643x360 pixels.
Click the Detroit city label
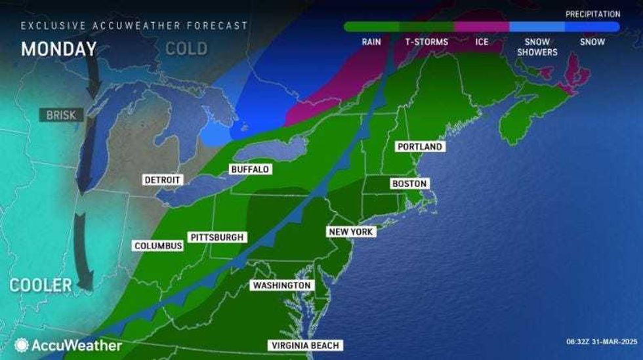click(163, 180)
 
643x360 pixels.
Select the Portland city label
click(421, 147)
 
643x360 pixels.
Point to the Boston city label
click(409, 184)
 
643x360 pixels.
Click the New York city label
click(351, 232)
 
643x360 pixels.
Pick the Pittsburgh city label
click(217, 237)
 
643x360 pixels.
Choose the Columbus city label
click(158, 246)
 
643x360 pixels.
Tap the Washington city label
click(281, 286)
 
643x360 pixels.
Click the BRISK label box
click(61, 115)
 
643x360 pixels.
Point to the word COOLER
click(41, 285)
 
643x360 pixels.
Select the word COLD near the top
click(186, 49)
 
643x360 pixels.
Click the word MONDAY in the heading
click(58, 49)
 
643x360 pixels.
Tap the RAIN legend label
click(371, 42)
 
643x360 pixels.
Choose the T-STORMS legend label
click(426, 42)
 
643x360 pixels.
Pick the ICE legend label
click(482, 42)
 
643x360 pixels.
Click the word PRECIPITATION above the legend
click(592, 14)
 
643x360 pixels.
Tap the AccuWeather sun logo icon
click(22, 345)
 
